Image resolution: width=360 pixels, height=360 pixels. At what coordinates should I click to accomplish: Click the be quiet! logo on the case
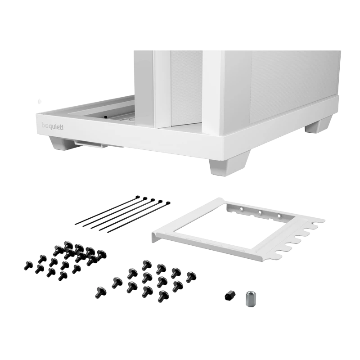click(53, 126)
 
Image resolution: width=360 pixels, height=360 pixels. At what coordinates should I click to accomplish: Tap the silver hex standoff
click(249, 298)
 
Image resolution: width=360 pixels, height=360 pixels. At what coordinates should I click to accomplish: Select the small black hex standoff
click(229, 295)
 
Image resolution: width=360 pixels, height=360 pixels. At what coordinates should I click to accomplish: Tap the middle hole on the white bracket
click(260, 212)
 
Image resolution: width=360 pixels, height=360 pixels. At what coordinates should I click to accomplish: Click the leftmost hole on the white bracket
click(242, 209)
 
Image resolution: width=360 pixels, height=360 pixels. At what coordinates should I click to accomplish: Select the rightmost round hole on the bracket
click(279, 216)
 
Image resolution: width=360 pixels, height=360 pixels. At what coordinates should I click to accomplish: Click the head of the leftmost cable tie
click(138, 197)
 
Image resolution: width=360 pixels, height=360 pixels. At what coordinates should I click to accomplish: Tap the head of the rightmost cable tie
click(168, 203)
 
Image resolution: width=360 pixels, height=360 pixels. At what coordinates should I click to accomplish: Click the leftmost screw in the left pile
click(27, 265)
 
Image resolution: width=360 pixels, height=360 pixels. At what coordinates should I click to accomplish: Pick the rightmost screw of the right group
click(191, 277)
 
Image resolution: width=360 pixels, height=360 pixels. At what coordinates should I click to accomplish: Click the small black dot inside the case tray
click(106, 117)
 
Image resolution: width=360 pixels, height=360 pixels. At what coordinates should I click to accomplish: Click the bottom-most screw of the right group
click(163, 296)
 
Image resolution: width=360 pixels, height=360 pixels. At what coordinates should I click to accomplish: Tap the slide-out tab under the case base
click(91, 144)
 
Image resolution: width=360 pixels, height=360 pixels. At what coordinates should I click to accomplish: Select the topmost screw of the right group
click(146, 265)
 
